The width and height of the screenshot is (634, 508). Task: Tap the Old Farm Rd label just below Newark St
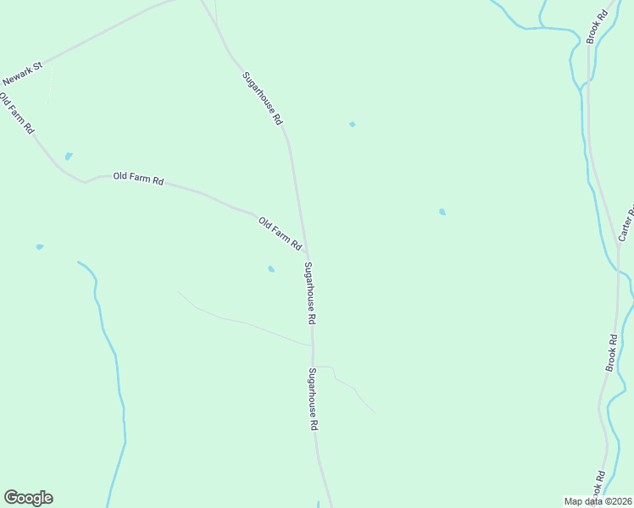16,114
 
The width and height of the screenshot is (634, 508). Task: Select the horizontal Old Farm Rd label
138,179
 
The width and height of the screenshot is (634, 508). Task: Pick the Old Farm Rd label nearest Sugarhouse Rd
280,233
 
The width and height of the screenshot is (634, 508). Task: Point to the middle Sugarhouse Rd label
310,294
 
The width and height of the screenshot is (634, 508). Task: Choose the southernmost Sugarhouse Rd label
314,400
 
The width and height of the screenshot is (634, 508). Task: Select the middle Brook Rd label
611,351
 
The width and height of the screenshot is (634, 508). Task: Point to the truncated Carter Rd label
628,222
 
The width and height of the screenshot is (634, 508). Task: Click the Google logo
28,498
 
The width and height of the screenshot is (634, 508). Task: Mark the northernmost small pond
352,124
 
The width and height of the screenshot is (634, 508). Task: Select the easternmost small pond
442,212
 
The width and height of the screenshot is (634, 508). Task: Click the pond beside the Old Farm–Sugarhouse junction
271,269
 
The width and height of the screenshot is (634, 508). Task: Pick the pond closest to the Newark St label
69,157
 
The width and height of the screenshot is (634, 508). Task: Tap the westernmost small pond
40,246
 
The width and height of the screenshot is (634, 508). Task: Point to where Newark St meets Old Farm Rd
44,63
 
